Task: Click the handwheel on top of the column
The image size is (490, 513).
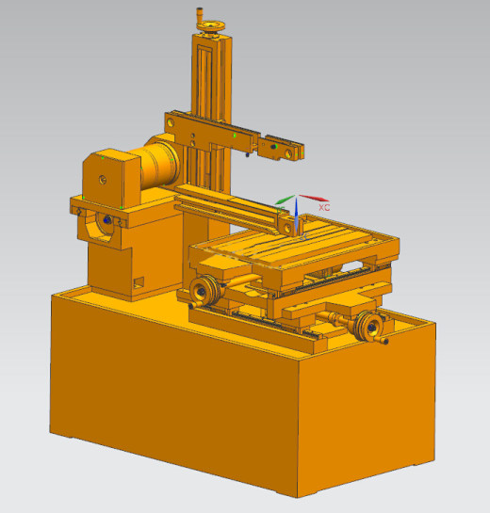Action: pyautogui.click(x=211, y=27)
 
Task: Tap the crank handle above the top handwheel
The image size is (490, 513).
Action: pyautogui.click(x=199, y=14)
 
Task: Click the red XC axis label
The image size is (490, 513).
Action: pyautogui.click(x=324, y=207)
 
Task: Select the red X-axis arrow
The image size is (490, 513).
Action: pyautogui.click(x=315, y=198)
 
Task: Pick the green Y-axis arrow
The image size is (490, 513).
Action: pyautogui.click(x=285, y=200)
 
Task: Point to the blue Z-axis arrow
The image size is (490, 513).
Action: pyautogui.click(x=296, y=216)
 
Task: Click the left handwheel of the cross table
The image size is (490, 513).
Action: pyautogui.click(x=204, y=290)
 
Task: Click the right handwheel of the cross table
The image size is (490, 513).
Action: pyautogui.click(x=368, y=327)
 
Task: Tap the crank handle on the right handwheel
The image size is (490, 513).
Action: pyautogui.click(x=383, y=341)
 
